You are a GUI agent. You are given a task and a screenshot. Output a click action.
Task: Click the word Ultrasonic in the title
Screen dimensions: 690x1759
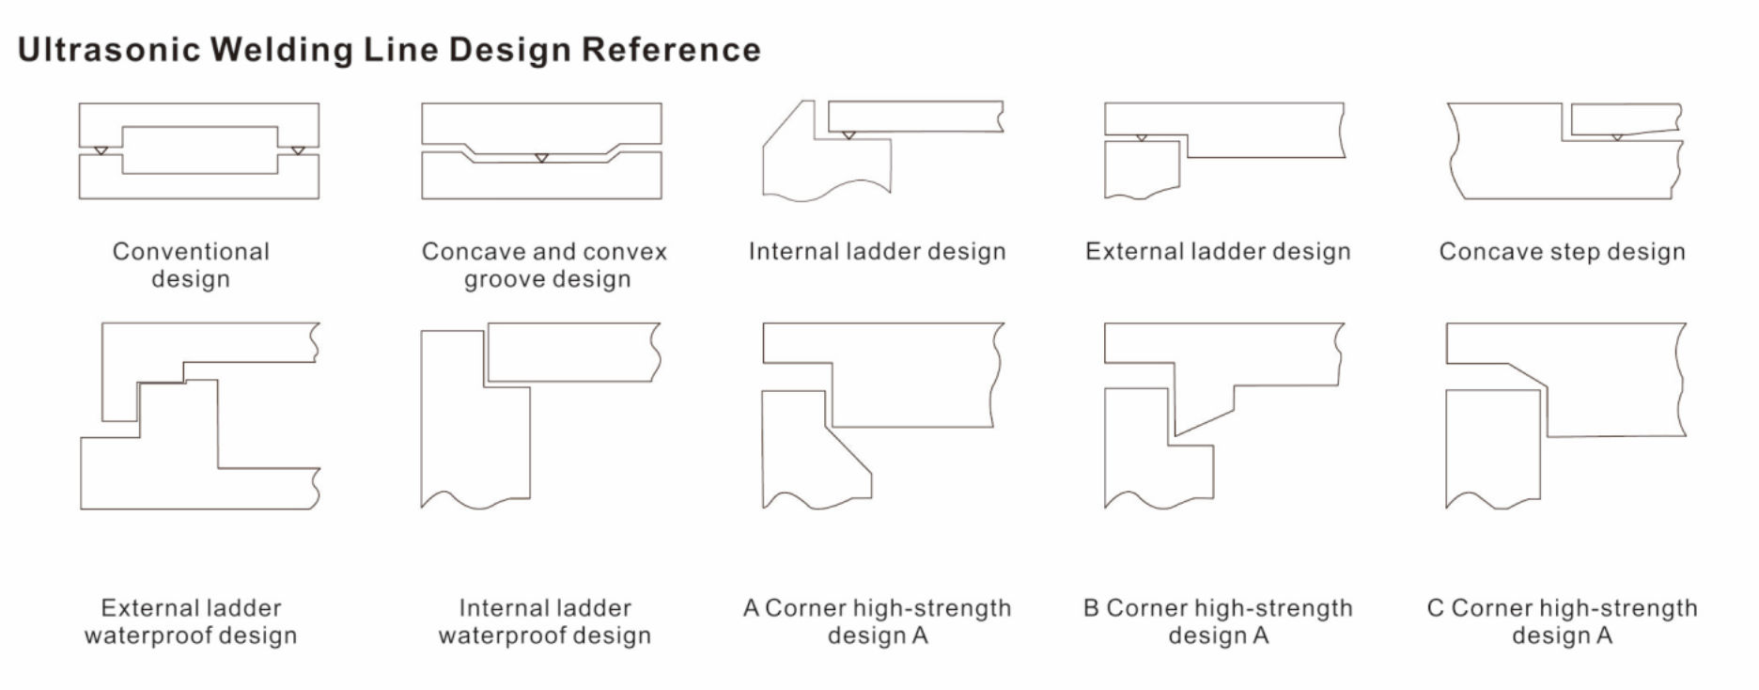point(108,50)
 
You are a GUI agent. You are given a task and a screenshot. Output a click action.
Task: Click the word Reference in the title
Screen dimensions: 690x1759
point(671,50)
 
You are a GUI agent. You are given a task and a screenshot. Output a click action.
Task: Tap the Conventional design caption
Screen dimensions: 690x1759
point(191,265)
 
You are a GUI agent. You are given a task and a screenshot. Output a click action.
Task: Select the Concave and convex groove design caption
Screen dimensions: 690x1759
point(545,265)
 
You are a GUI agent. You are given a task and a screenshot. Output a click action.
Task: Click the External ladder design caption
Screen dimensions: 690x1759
point(1218,252)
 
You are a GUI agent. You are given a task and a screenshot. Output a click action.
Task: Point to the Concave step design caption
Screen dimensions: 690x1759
point(1562,252)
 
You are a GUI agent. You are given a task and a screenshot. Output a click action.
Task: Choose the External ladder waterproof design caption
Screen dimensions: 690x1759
point(191,621)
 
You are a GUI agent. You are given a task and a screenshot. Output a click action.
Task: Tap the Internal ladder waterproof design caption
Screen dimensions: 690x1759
point(545,621)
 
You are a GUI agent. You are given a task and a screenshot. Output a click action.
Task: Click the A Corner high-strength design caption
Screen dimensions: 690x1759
point(878,621)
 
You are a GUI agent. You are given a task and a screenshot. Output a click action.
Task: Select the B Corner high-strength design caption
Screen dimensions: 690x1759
point(1218,621)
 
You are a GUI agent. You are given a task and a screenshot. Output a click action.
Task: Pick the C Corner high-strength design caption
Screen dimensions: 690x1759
point(1562,621)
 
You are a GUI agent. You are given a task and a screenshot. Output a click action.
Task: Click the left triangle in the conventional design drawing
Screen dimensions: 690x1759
point(101,150)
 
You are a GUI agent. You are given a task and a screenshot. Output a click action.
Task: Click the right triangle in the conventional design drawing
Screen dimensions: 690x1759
point(298,150)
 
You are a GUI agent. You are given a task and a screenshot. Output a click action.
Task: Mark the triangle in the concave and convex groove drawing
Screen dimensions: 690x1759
point(541,157)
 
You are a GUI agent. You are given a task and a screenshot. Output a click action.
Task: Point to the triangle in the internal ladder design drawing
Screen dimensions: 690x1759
point(848,135)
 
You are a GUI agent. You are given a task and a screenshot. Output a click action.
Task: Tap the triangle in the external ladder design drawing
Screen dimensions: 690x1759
point(1142,138)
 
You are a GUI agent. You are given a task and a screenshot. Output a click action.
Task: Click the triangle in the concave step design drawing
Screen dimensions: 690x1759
point(1617,137)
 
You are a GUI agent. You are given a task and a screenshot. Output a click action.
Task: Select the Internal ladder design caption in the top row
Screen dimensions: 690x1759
point(878,252)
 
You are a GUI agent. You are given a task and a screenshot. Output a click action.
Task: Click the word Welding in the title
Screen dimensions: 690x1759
point(281,50)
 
